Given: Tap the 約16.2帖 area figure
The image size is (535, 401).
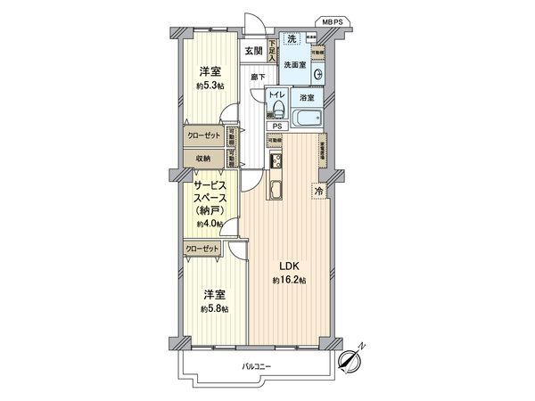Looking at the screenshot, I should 290,281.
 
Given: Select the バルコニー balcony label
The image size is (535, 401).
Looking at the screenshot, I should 257,366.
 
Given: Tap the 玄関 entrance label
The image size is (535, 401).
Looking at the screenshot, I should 253,50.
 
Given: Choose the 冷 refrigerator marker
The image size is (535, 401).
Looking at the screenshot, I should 319,190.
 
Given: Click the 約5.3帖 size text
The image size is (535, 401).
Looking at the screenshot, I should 210,86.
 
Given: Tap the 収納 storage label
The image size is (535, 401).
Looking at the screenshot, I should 203,158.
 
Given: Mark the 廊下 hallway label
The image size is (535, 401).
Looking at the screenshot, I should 257,78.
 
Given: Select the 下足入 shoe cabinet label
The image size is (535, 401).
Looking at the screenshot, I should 272,54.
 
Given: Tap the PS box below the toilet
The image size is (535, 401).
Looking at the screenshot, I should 277,126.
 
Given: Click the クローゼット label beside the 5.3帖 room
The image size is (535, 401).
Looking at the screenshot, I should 203,137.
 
